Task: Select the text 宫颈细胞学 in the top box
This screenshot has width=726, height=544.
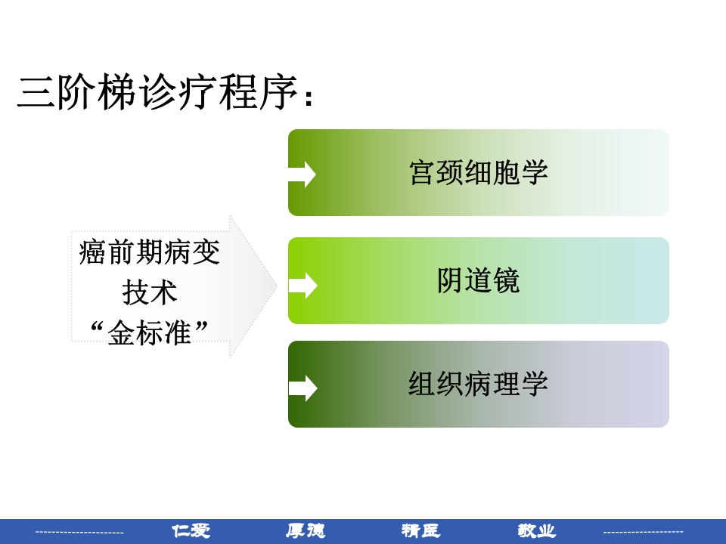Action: pyautogui.click(x=478, y=172)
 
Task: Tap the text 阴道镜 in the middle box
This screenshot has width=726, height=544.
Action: pyautogui.click(x=478, y=281)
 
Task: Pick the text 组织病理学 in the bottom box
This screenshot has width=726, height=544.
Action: pyautogui.click(x=478, y=384)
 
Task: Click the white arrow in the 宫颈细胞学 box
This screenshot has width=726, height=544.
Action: pyautogui.click(x=302, y=174)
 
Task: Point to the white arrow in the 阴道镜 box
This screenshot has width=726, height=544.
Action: pyautogui.click(x=302, y=285)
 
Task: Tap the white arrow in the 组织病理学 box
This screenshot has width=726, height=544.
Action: pyautogui.click(x=302, y=388)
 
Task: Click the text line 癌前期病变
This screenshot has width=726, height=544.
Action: pyautogui.click(x=150, y=252)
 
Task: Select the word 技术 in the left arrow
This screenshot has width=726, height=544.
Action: pyautogui.click(x=150, y=292)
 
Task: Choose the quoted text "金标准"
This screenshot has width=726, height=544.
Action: pyautogui.click(x=150, y=332)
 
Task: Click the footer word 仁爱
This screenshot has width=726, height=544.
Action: pyautogui.click(x=191, y=531)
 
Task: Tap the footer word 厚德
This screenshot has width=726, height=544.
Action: pyautogui.click(x=306, y=531)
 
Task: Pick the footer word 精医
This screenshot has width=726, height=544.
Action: pyautogui.click(x=420, y=531)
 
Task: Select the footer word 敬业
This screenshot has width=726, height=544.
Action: pyautogui.click(x=536, y=531)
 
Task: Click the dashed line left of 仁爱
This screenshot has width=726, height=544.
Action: pyautogui.click(x=79, y=533)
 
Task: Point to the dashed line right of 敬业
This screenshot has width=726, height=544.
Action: pyautogui.click(x=643, y=532)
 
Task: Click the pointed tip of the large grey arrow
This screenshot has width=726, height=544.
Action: pyautogui.click(x=276, y=286)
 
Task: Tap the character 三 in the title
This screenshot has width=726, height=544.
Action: pyautogui.click(x=36, y=93)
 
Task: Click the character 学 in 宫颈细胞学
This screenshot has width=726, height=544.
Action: pyautogui.click(x=535, y=172)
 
